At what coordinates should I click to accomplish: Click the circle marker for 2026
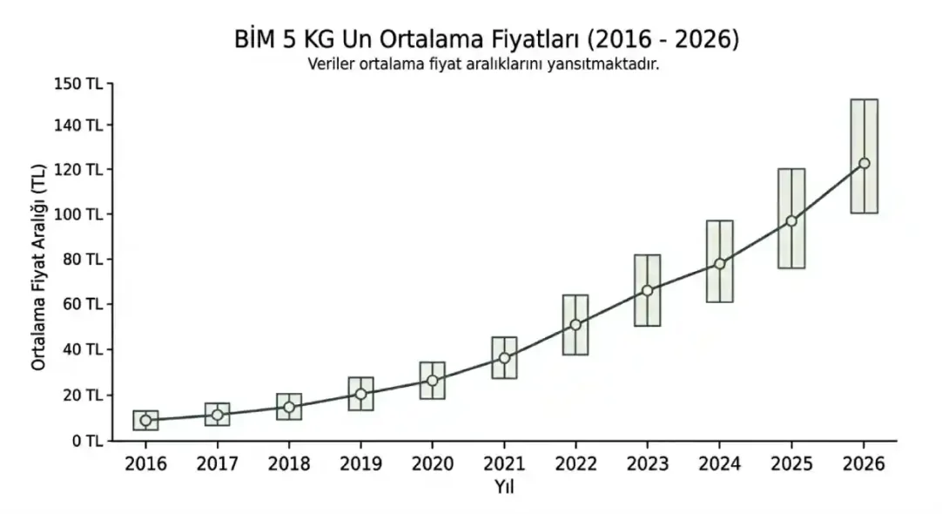[864, 163]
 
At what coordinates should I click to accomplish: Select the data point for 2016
[145, 420]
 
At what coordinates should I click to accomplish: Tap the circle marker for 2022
[575, 325]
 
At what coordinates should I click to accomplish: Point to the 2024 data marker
[719, 263]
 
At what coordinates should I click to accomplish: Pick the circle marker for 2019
[360, 394]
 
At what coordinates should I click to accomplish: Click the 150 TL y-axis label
[81, 84]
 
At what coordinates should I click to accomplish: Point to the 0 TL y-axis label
[87, 441]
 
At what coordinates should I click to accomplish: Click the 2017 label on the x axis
[217, 464]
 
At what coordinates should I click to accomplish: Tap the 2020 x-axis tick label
[432, 464]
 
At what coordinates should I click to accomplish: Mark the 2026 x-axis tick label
[863, 464]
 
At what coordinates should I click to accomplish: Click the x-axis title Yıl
[504, 487]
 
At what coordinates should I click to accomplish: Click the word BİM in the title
[255, 40]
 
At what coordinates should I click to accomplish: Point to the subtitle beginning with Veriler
[483, 64]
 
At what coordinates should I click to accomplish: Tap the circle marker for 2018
[289, 407]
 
